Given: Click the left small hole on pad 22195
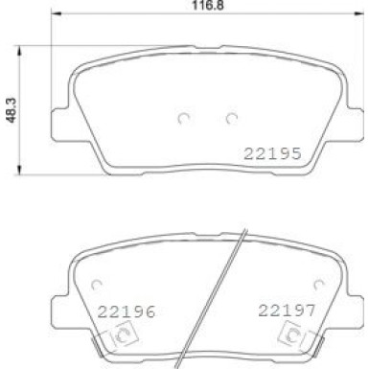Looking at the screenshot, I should coord(184,119).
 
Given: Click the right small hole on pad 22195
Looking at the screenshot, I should coord(230,119).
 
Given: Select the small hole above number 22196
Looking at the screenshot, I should coord(97,284).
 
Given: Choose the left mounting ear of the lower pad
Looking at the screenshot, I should coord(60,293).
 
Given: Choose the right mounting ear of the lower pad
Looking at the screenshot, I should coord(353,293).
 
